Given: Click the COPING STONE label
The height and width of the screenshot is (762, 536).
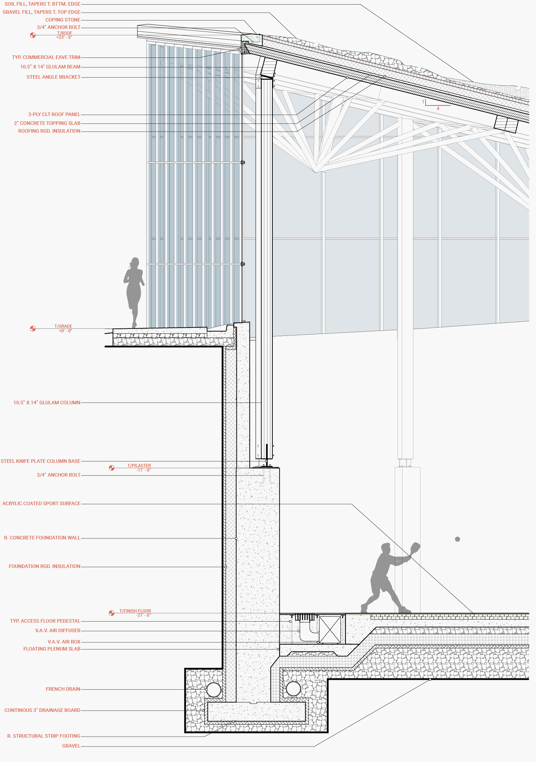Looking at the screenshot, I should point(63,20).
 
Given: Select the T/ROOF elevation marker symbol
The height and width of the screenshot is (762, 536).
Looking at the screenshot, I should point(33,35).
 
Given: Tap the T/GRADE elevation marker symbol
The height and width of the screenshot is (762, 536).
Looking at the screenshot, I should point(33,328).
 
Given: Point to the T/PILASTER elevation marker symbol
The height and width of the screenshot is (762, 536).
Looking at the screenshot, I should point(112,468).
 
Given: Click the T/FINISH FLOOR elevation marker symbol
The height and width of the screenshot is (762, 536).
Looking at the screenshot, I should point(112,613).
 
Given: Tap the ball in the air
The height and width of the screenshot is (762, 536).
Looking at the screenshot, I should point(457,539).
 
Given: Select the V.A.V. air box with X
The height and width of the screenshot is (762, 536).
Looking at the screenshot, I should point(330,630).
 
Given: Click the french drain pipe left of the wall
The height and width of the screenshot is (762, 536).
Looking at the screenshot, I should point(213,690).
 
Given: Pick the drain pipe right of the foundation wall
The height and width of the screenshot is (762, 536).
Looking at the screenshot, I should point(293,689).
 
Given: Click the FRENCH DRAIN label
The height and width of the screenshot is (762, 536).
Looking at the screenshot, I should point(63,689).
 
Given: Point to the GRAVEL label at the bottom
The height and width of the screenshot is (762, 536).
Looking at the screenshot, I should point(71,746).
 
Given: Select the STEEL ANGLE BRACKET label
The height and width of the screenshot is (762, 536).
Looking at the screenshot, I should point(54,77).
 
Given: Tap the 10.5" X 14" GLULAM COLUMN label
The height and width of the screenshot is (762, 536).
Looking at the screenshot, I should point(47,403).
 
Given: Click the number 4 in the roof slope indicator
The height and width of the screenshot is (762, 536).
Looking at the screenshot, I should point(438,108).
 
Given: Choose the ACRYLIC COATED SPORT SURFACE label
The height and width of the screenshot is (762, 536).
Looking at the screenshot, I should point(41,503).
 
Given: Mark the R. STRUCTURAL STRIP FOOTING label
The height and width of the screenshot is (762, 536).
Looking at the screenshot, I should point(44,736).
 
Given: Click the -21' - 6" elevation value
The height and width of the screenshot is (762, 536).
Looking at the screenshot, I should point(143,615).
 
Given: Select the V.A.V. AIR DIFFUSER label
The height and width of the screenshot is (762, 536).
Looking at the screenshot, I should point(58,630).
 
